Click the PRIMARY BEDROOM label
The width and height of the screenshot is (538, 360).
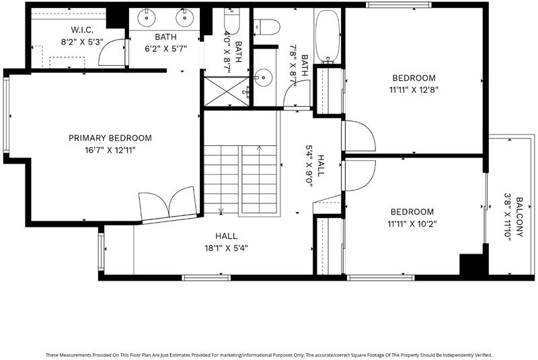(x=110, y=138)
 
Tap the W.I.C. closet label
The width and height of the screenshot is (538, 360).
(x=82, y=30)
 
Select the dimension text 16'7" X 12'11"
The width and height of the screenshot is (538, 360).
(x=110, y=150)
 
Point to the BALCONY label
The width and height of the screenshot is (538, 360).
(x=519, y=217)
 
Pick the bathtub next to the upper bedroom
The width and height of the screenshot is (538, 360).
(x=328, y=36)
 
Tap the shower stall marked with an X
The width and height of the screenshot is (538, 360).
(x=227, y=92)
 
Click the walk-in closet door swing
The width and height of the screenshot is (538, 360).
(x=112, y=52)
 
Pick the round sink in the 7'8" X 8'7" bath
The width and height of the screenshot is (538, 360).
(x=263, y=77)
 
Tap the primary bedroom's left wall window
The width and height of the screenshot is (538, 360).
(x=6, y=114)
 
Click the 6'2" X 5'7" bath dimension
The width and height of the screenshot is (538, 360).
(x=165, y=48)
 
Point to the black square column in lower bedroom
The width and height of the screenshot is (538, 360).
(x=472, y=264)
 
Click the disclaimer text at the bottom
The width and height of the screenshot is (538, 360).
(x=269, y=355)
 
